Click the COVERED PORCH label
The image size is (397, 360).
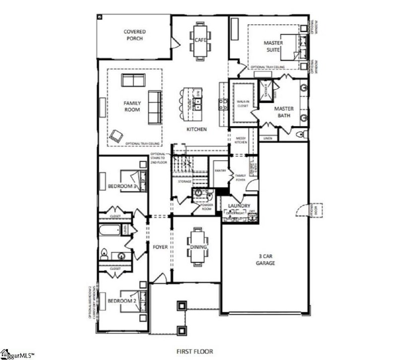click(x=134, y=35)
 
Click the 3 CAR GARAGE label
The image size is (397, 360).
click(x=265, y=259)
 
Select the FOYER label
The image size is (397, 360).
click(x=160, y=246)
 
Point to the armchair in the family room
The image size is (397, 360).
click(x=117, y=135)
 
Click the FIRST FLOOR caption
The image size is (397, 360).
click(x=195, y=351)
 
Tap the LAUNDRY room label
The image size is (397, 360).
click(x=239, y=205)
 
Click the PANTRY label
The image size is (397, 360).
click(x=220, y=171)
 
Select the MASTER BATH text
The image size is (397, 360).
click(x=284, y=112)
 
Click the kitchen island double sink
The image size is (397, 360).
click(x=197, y=104)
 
